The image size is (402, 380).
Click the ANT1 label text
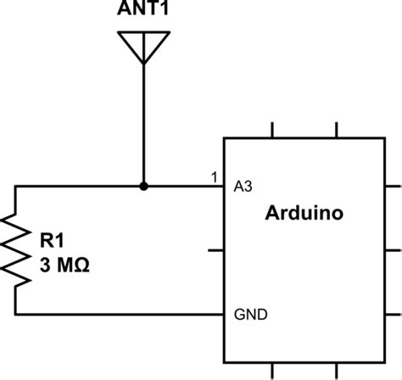point(142,10)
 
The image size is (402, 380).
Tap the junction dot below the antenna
point(142,186)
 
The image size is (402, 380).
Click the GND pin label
point(251,315)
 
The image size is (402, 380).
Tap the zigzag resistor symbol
point(16,250)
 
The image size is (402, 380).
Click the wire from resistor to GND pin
point(119,315)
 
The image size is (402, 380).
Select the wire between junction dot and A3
point(182,186)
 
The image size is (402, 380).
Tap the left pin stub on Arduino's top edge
point(273,130)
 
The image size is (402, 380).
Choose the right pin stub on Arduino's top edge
point(338,130)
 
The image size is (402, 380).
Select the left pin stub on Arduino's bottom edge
point(273,371)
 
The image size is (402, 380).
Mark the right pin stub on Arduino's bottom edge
point(338,371)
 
